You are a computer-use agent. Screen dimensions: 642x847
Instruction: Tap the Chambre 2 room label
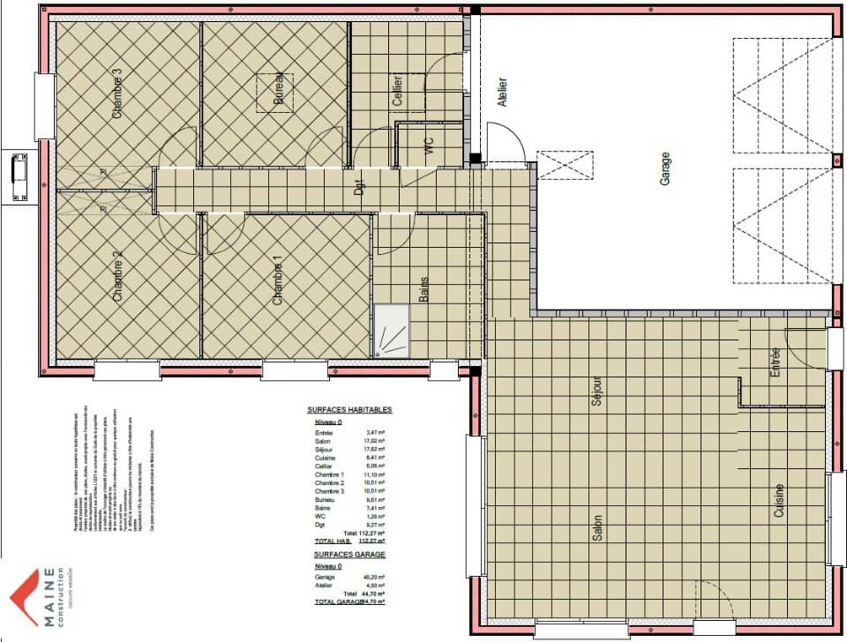click(116, 277)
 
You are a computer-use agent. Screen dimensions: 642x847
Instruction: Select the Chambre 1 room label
click(278, 280)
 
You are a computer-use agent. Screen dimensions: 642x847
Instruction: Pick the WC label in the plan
click(430, 146)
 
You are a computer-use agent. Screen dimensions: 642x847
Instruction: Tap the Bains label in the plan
click(423, 289)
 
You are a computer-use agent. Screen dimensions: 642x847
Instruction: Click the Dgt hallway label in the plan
click(359, 187)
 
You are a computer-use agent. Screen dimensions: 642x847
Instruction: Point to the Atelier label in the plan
click(503, 93)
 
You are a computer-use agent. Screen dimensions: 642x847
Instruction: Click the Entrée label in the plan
click(776, 362)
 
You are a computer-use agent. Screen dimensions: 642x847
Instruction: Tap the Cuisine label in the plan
click(779, 499)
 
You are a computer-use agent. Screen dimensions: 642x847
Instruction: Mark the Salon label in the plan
click(597, 534)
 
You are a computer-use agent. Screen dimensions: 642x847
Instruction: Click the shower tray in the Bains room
click(392, 330)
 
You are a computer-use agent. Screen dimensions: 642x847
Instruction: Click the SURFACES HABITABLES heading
click(349, 410)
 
